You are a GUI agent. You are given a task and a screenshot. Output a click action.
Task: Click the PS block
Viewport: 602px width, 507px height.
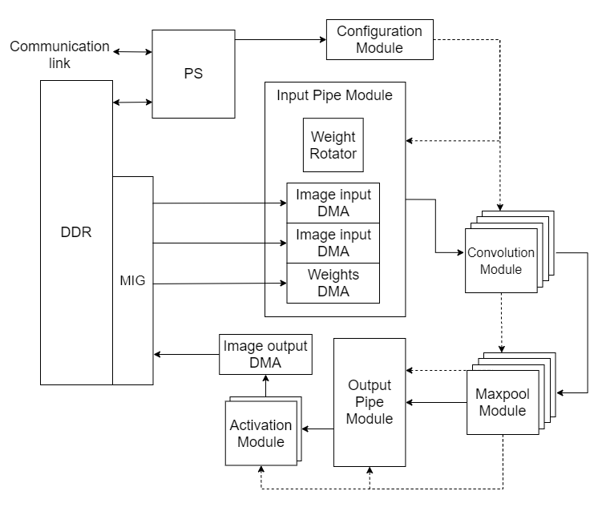192,74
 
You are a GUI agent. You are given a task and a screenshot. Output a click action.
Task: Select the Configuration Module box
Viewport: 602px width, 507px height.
379,39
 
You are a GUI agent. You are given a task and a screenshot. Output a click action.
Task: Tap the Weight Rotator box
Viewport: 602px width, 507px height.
333,145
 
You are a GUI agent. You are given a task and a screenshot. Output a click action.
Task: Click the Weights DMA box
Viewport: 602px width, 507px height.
333,283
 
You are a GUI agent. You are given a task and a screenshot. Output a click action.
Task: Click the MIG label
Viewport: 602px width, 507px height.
131,282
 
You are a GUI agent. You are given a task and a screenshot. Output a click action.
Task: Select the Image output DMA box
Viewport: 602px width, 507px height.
265,355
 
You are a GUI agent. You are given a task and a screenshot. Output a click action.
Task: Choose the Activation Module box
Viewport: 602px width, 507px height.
261,433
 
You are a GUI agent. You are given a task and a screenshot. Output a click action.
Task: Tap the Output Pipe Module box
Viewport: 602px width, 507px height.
370,402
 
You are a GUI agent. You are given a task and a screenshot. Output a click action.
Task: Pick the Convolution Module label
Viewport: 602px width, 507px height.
500,260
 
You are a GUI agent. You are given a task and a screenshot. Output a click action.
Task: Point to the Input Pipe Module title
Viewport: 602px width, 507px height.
334,95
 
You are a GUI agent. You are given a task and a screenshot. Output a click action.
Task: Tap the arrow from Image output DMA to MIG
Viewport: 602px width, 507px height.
186,354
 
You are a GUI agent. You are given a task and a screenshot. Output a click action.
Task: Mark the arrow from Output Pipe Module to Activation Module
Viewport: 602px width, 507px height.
317,429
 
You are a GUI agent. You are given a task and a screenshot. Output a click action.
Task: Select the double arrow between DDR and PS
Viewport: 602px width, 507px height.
132,102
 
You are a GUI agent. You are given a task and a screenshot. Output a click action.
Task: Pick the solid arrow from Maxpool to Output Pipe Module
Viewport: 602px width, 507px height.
436,401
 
